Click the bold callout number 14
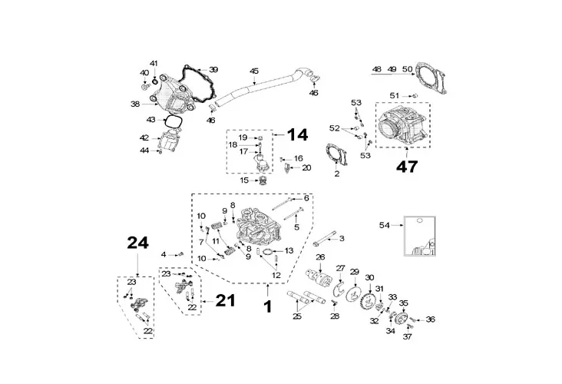297,135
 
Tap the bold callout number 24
137,244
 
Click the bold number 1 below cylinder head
267,305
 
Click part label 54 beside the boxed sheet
385,224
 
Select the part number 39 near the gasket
192,69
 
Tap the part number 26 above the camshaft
320,257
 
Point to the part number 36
430,319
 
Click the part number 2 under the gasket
336,174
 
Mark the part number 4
163,254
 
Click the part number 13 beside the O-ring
289,250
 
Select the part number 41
153,62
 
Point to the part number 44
144,150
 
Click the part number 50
407,69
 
